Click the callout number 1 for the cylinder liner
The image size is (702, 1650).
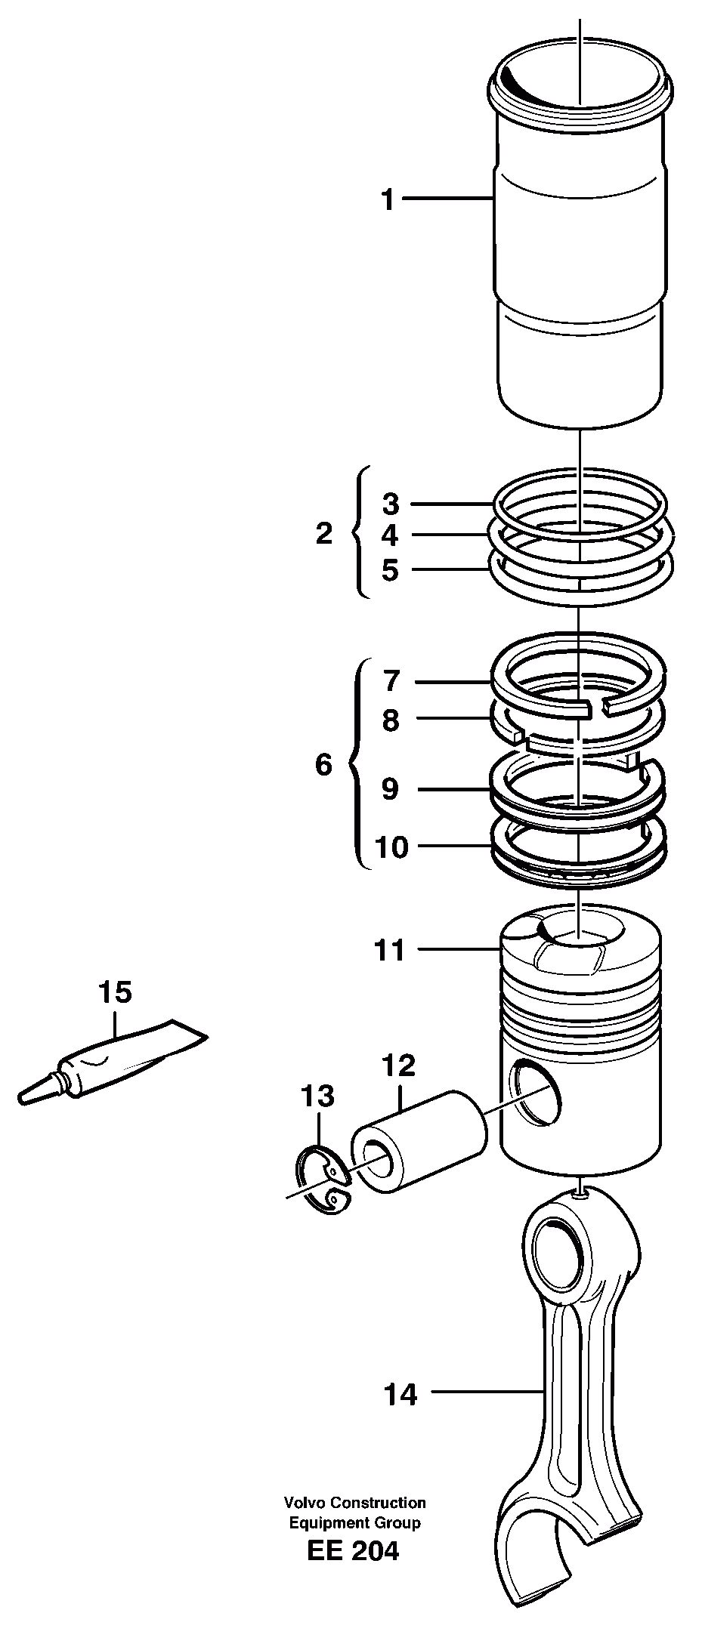click(x=387, y=201)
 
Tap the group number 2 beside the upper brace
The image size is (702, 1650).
click(x=323, y=535)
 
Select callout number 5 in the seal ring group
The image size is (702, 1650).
click(x=390, y=570)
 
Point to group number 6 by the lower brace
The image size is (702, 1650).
click(x=323, y=765)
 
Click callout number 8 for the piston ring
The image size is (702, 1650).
click(x=390, y=720)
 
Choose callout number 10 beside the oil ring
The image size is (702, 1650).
click(x=391, y=847)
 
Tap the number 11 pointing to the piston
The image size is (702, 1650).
click(x=391, y=950)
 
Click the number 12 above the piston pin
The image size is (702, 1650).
click(x=399, y=1066)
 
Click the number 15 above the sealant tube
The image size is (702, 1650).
click(x=116, y=992)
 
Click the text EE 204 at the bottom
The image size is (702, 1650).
click(x=353, y=1551)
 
